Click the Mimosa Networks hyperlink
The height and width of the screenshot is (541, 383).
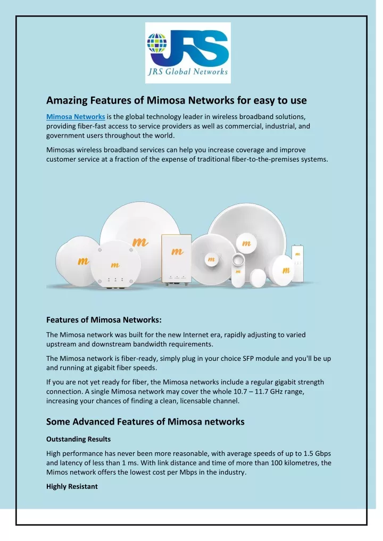(76, 116)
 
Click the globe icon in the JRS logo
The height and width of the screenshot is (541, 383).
(157, 43)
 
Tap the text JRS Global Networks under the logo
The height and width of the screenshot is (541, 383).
(188, 71)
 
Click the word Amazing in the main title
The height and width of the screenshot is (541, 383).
(67, 100)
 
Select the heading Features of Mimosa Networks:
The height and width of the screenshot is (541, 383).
(104, 320)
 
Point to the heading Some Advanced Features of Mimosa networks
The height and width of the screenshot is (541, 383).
(145, 421)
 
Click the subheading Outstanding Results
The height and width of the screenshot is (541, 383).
(78, 439)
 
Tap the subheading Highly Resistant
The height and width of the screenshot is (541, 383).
(72, 486)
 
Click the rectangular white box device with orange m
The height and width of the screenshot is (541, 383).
(177, 259)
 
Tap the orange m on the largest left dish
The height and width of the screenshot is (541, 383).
(140, 242)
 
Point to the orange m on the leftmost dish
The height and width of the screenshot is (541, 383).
(83, 261)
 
